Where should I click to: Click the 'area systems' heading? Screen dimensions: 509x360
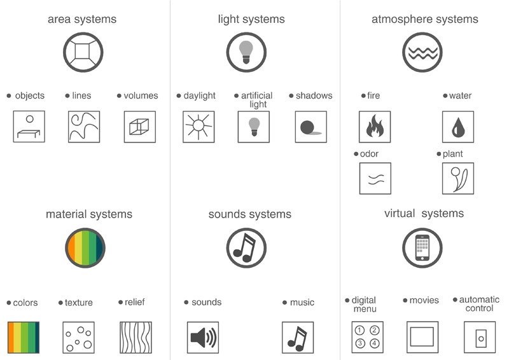point(82,19)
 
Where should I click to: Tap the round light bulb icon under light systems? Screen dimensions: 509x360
point(246,52)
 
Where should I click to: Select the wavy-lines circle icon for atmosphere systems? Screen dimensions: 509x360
point(422,52)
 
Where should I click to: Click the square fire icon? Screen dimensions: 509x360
point(375,127)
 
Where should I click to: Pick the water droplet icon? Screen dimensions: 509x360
point(458,127)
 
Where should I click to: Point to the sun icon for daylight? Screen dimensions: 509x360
point(199,127)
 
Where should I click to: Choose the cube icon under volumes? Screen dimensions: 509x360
point(140,127)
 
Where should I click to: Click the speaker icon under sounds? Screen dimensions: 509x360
point(203,337)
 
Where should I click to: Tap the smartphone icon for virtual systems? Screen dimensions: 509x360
point(422,247)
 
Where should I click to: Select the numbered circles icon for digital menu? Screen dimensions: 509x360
point(368,337)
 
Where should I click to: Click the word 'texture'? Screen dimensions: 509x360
point(78,303)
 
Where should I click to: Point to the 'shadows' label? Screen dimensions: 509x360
point(314,95)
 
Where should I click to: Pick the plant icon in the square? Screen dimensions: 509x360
point(458,178)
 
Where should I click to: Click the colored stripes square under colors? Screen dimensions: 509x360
point(24,337)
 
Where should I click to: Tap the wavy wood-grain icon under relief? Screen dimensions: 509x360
point(136,337)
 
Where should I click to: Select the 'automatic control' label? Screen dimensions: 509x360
point(479,303)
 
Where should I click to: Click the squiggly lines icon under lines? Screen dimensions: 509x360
point(84,127)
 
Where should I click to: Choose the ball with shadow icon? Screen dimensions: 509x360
point(311,127)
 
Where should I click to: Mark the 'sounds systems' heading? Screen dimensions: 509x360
point(250,214)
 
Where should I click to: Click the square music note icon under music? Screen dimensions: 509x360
point(298,337)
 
